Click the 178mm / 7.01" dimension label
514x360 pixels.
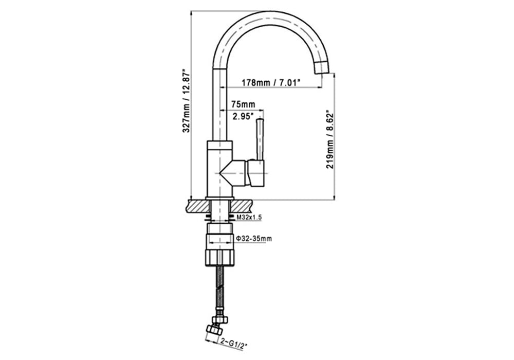point(271,82)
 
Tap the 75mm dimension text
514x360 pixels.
point(243,104)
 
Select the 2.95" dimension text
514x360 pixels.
point(243,116)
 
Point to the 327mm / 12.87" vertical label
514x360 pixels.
point(186,100)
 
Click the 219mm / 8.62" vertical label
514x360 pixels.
point(329,140)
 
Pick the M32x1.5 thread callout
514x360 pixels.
point(249,217)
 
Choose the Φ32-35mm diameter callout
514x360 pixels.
point(254,238)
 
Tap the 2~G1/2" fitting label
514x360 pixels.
point(233,345)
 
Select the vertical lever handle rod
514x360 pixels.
point(260,140)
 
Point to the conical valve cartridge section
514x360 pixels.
point(233,172)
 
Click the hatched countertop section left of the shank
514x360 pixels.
point(197,206)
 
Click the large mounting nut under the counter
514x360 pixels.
point(219,257)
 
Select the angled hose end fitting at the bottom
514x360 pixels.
point(214,329)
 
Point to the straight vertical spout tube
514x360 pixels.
point(219,105)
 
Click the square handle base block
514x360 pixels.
point(256,173)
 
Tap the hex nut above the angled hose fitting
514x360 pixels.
point(219,319)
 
